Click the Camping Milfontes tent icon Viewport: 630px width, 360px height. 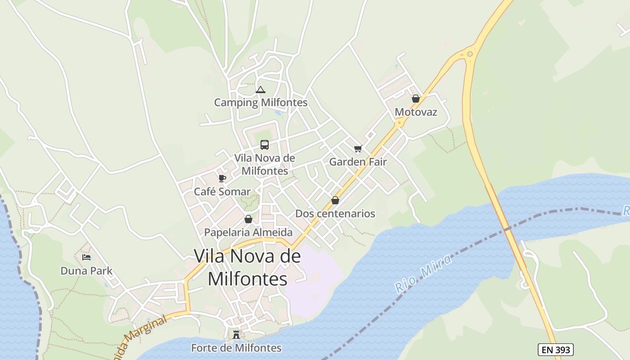[x=260, y=90]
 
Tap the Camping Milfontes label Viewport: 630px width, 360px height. [x=261, y=103]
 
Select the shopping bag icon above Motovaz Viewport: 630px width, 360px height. [x=416, y=99]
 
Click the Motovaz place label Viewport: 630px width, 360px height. [x=416, y=112]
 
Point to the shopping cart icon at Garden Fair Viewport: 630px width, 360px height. [x=358, y=149]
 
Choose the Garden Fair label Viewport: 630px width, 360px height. [x=358, y=162]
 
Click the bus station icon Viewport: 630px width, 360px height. [x=265, y=145]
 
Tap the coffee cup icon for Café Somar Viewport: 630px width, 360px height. [x=222, y=179]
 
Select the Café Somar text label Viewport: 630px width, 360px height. [x=222, y=192]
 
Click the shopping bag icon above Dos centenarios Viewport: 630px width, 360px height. [x=335, y=200]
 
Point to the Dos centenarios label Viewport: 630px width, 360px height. [x=335, y=214]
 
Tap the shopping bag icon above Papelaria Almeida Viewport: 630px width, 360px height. [x=248, y=220]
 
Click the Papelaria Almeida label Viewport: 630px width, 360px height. [x=248, y=233]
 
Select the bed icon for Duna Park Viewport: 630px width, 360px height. [x=86, y=257]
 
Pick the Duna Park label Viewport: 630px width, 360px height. [x=86, y=271]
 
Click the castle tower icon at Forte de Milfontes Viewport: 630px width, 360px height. [x=236, y=335]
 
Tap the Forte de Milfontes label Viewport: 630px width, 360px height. [x=236, y=348]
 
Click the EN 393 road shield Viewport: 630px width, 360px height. [x=555, y=349]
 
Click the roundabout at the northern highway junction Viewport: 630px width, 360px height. [x=470, y=54]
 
